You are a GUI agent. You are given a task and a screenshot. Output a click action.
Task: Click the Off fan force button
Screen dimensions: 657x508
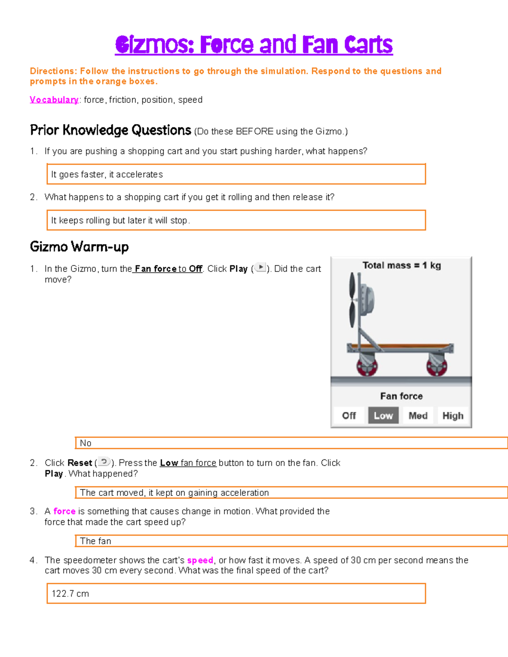349,415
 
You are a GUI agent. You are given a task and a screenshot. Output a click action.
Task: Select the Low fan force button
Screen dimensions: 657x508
383,415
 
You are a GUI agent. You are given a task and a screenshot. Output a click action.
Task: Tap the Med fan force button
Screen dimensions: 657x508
418,415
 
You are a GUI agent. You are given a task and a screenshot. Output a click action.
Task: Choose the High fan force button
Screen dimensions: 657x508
453,415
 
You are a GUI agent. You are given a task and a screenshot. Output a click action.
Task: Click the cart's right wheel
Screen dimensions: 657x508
437,366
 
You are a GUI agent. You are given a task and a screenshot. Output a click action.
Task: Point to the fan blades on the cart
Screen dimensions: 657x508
352,300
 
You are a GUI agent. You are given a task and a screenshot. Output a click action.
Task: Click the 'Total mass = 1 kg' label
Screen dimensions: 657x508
401,265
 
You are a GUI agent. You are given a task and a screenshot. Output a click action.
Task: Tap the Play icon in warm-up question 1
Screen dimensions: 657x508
260,268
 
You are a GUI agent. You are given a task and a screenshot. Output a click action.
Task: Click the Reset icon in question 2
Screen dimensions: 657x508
104,462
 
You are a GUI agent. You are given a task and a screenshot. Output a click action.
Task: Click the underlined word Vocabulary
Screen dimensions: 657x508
54,100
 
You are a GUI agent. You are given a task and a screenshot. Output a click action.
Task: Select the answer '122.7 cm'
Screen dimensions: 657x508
70,594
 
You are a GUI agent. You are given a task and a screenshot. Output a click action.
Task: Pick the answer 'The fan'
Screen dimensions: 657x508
96,541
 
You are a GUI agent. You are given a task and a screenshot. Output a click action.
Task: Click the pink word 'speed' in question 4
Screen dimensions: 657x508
200,560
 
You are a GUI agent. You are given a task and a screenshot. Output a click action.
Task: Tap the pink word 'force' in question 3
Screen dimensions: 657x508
64,511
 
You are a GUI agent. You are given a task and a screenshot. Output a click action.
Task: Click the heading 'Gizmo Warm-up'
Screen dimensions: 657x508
79,246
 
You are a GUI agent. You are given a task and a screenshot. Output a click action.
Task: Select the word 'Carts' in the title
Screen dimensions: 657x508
368,45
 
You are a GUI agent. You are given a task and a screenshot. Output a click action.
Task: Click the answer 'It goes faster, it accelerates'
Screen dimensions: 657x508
107,174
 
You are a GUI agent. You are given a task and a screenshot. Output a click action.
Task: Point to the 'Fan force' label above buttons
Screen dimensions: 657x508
401,396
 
